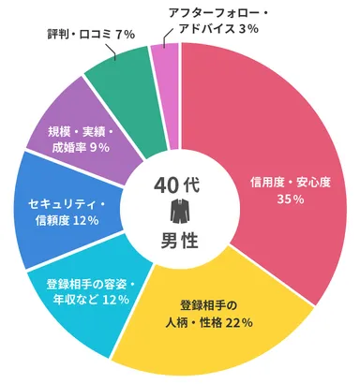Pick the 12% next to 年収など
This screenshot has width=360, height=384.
114,301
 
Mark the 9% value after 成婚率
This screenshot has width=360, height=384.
98,147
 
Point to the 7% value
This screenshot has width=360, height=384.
125,35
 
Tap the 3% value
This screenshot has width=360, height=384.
248,30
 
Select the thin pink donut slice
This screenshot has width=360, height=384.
165,60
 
